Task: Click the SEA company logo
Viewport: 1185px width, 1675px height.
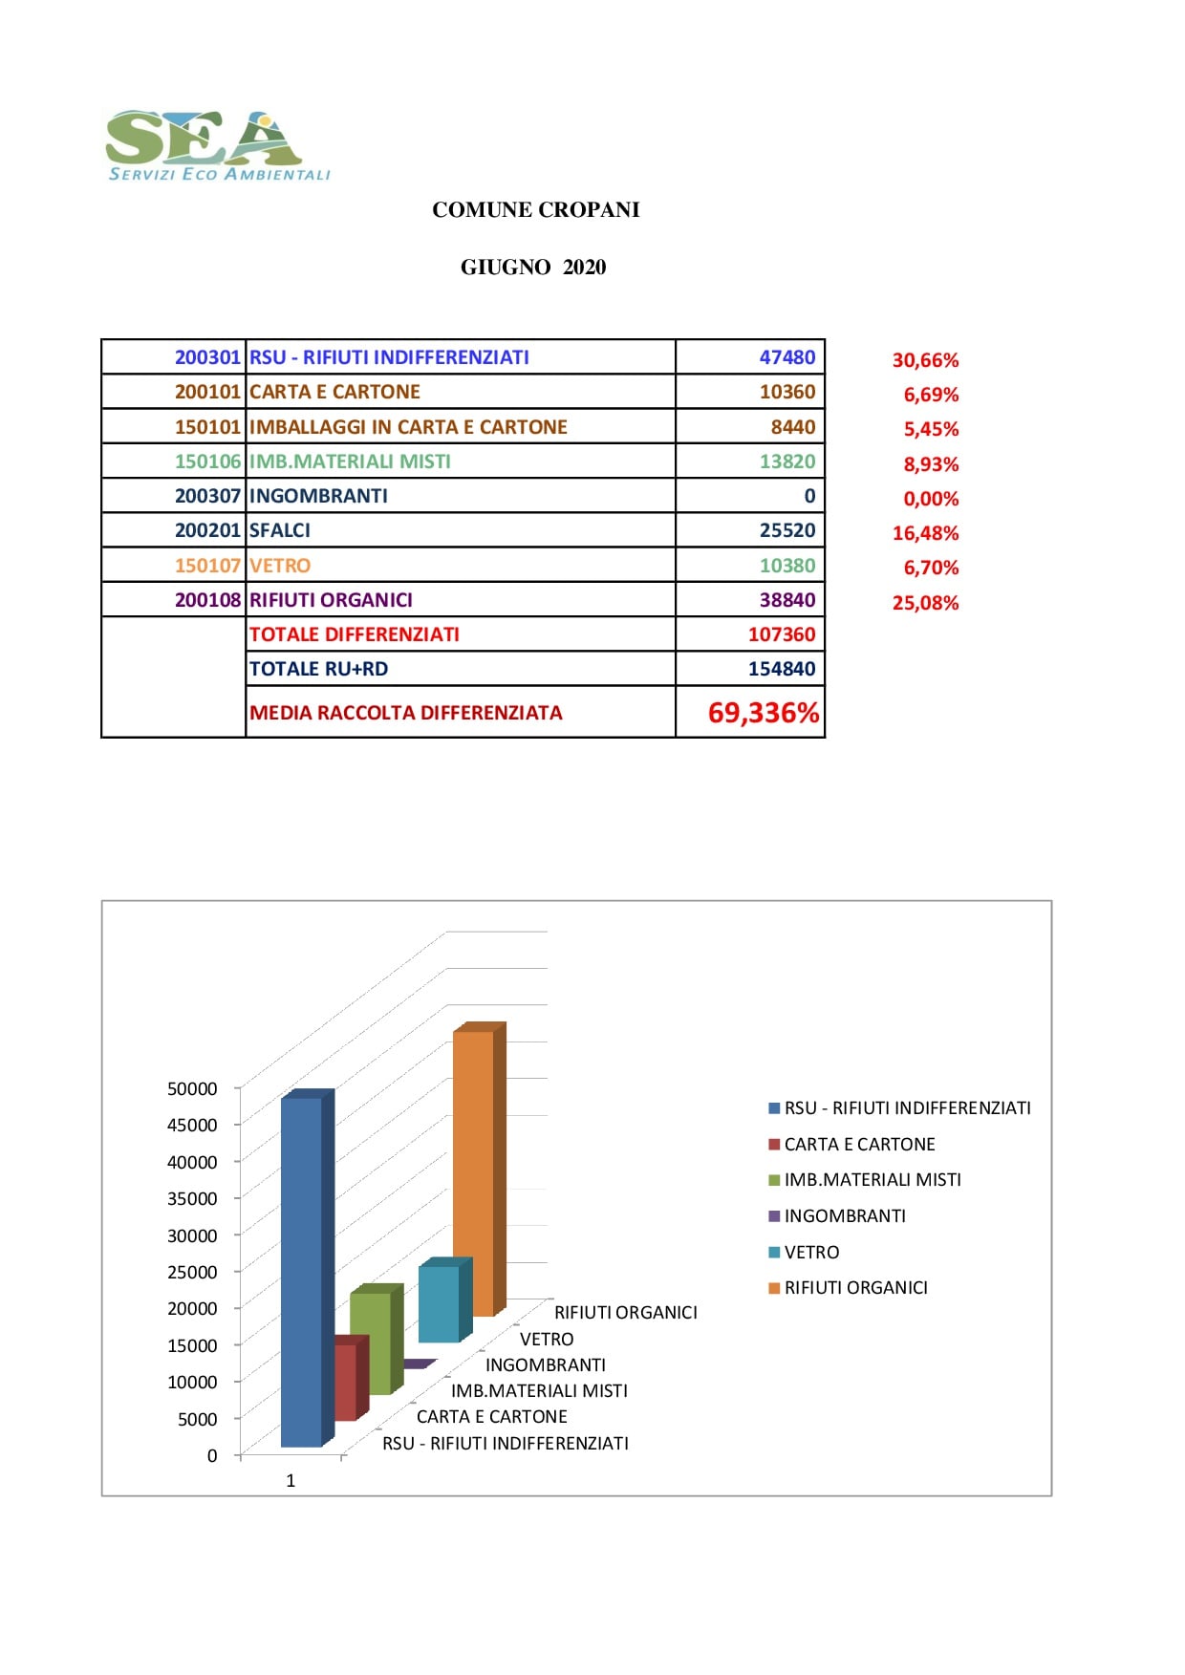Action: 218,144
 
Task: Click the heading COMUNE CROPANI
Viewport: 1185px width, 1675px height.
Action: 535,210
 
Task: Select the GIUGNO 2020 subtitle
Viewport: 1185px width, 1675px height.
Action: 533,268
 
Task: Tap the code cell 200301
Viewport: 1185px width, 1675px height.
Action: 207,357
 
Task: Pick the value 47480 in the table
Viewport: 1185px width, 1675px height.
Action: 786,357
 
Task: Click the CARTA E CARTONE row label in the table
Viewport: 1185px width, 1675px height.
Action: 334,392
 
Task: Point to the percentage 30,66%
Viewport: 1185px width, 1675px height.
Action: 925,360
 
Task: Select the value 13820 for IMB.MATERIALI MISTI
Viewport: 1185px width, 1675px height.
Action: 786,462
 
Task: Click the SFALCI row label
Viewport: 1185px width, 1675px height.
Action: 280,530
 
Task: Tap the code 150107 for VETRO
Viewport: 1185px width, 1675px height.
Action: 207,566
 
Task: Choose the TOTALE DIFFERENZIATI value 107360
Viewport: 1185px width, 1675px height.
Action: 781,634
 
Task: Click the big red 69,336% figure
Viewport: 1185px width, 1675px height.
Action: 763,713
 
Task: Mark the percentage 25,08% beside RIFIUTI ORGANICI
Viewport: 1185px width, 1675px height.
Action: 925,603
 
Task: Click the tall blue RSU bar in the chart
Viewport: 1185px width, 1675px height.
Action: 302,1271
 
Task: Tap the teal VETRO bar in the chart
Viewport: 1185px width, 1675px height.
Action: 440,1303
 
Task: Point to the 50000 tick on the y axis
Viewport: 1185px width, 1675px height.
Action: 192,1088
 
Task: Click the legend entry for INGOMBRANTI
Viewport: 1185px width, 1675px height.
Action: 844,1216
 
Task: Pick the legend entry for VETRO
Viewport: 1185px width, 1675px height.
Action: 810,1253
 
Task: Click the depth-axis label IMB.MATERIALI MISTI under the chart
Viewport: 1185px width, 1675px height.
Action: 539,1391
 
